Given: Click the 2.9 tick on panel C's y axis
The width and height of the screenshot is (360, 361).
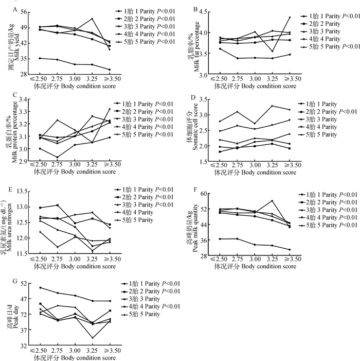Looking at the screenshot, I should [25, 161].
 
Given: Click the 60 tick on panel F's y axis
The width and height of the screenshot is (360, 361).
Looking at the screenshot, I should [203, 194].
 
